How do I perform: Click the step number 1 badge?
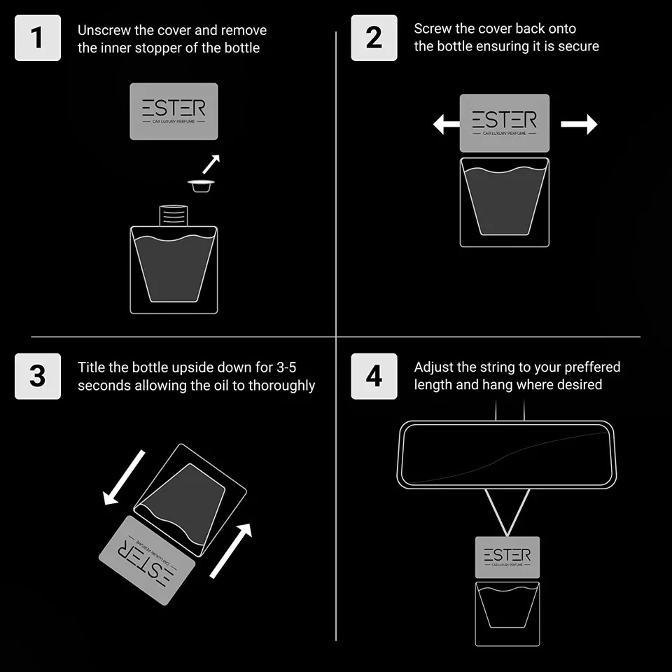tap(38, 38)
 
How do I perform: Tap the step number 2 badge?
tap(374, 38)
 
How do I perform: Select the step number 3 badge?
tap(38, 377)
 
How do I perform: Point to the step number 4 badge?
tap(374, 377)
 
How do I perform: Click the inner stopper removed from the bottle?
tap(201, 186)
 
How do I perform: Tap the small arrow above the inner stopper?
tap(211, 164)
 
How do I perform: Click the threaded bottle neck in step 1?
tap(174, 216)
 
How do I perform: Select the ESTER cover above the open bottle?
tap(174, 111)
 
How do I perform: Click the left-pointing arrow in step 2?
tap(446, 125)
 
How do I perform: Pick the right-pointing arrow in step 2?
tap(579, 125)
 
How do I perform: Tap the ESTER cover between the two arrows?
tap(505, 123)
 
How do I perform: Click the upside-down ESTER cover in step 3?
tap(147, 560)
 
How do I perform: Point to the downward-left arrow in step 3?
tap(124, 477)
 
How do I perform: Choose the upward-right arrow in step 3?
tap(230, 551)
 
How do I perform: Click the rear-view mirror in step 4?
tap(507, 455)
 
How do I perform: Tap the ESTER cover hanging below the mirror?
tap(507, 557)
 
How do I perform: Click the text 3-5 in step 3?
tap(286, 367)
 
